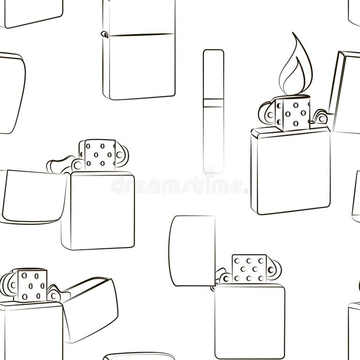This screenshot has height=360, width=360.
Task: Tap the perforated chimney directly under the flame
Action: pyautogui.click(x=292, y=113)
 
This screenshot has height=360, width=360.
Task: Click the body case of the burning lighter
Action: pyautogui.click(x=291, y=171)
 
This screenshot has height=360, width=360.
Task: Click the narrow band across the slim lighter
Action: pyautogui.click(x=213, y=103)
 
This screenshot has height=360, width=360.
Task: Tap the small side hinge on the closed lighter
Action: pyautogui.click(x=105, y=34)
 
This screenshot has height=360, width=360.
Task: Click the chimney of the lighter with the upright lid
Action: pyautogui.click(x=249, y=269)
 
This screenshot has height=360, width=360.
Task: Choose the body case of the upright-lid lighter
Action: pyautogui.click(x=249, y=321)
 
